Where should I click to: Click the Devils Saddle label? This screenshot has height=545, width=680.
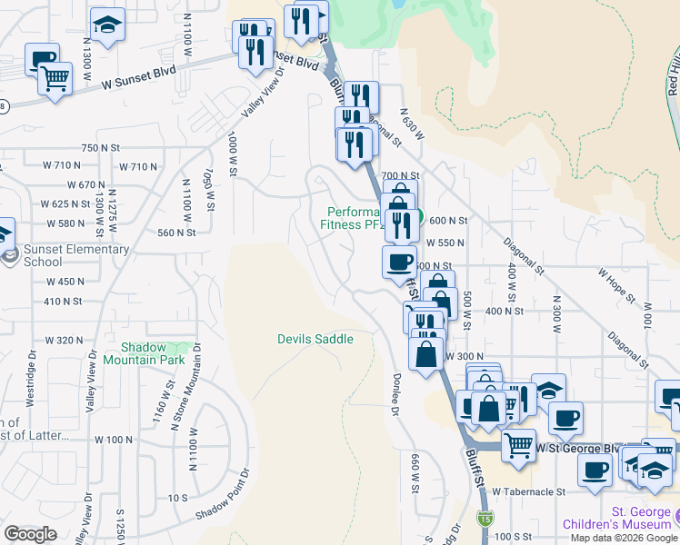pos(315,339)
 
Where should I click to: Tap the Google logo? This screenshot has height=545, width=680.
pos(31,534)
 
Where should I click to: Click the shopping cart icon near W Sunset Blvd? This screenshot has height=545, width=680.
pos(55,79)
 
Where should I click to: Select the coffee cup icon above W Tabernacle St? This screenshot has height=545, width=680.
pos(595,471)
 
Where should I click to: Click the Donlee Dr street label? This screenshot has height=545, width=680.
pos(397,395)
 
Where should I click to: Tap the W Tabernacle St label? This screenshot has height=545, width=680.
pos(529,491)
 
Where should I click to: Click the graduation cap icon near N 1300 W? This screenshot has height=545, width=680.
pos(108,26)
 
